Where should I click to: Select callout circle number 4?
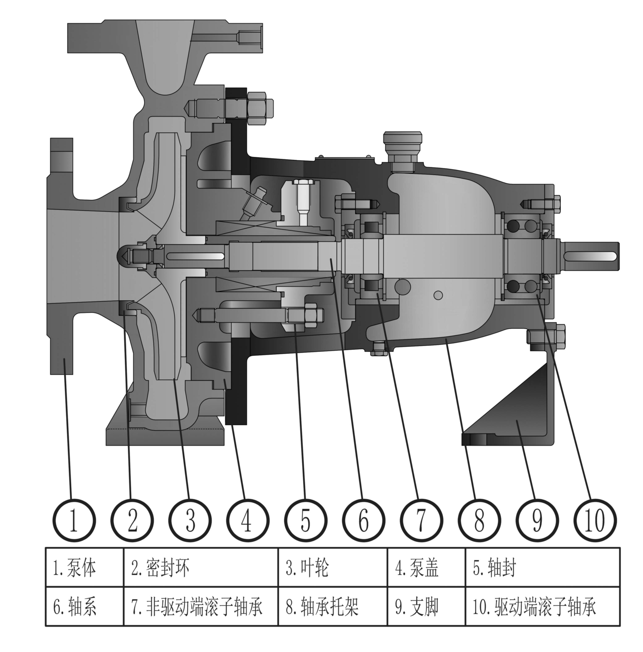click(x=248, y=520)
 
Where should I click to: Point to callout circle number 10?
click(x=595, y=520)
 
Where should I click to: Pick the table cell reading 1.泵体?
click(x=84, y=567)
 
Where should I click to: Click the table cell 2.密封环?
click(x=201, y=567)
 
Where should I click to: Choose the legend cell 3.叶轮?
click(x=333, y=567)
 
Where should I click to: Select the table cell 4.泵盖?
click(x=426, y=567)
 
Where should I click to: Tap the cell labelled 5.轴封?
click(x=542, y=567)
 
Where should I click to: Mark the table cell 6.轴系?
click(x=84, y=606)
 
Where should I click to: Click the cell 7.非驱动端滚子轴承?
click(x=201, y=606)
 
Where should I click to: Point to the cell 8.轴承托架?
click(x=333, y=606)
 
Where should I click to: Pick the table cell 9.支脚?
click(x=426, y=606)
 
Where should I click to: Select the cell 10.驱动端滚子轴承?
click(x=542, y=606)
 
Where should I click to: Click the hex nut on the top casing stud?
click(x=260, y=108)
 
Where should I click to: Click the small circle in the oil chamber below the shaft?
click(x=438, y=295)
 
